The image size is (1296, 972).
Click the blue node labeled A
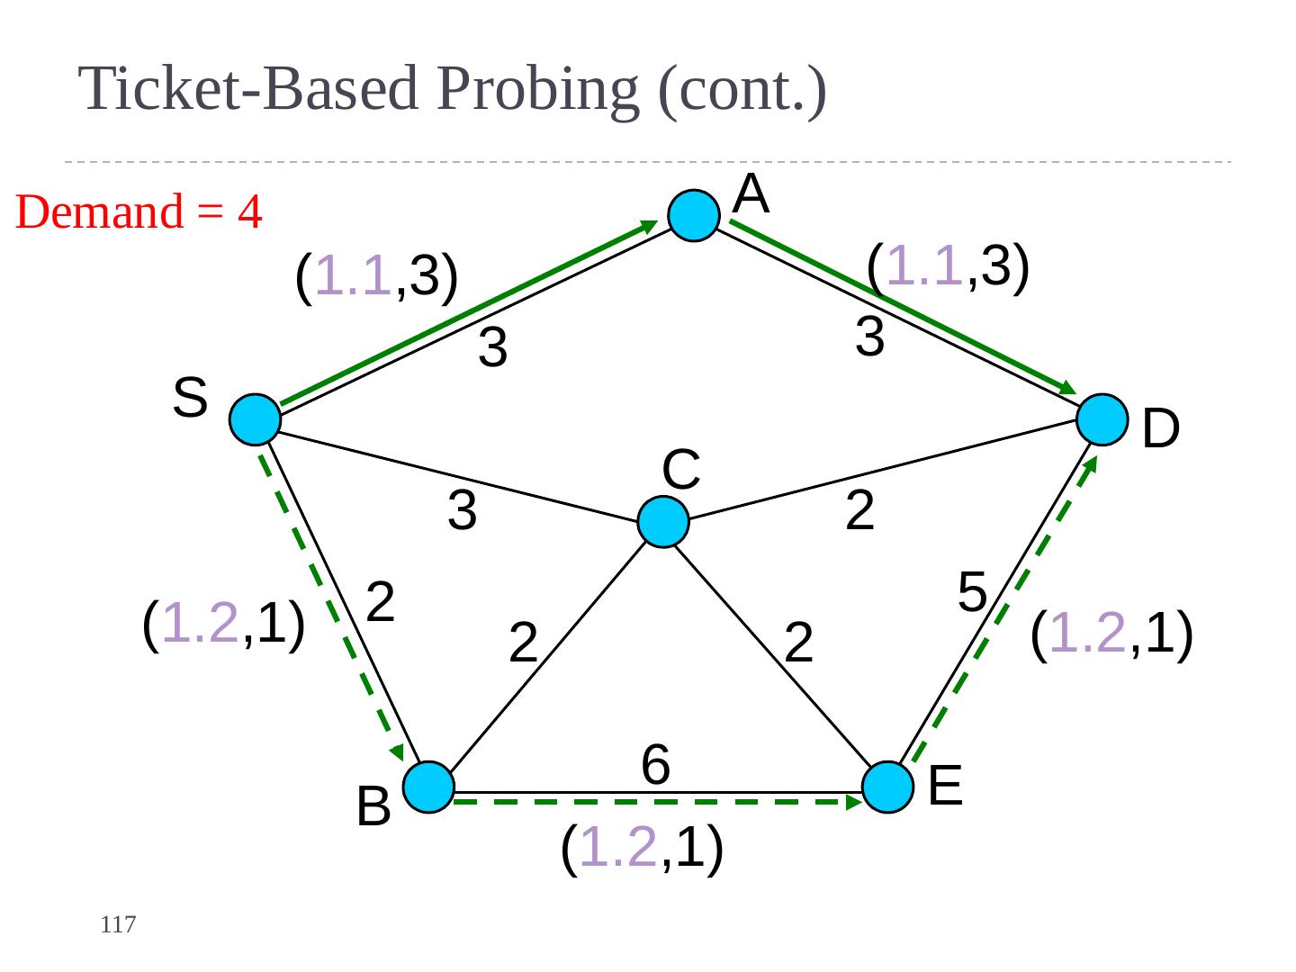pos(694,216)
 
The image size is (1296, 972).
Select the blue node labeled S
pos(256,419)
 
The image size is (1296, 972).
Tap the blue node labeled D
pos(1102,419)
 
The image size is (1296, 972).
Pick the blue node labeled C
pos(663,522)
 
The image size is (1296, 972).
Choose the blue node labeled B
pos(427,787)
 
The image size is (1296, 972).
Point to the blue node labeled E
pos(888,787)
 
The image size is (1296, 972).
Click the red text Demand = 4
pos(139,212)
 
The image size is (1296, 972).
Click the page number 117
pos(118,924)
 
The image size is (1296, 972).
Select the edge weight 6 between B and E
pos(655,766)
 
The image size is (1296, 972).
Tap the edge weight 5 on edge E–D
pos(972,592)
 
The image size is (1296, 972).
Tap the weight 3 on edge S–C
pos(462,511)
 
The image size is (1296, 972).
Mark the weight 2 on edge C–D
pos(859,511)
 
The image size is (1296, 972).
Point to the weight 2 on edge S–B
pos(382,602)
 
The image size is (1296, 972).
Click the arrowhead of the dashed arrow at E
pos(856,800)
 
